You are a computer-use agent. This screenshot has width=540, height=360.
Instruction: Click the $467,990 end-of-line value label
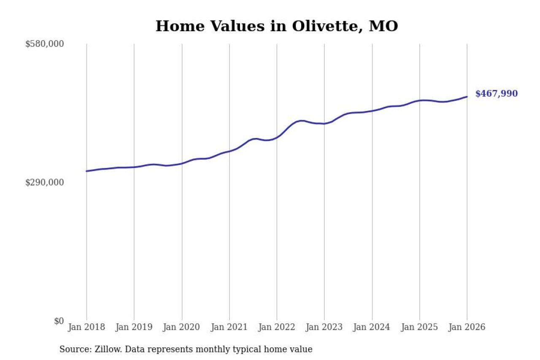click(496, 94)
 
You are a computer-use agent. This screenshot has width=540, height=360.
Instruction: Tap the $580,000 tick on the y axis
click(44, 44)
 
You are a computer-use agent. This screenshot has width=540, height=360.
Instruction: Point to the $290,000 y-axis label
click(44, 182)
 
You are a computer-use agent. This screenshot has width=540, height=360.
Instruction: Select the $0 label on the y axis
click(59, 321)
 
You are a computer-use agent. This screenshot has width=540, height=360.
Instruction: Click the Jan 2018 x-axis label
click(86, 328)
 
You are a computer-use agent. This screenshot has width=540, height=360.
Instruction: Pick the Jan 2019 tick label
click(134, 328)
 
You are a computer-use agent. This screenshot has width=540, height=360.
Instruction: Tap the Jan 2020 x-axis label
click(182, 328)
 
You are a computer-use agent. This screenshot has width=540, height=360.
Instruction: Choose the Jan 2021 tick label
click(229, 328)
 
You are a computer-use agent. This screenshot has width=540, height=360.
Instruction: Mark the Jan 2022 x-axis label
click(277, 328)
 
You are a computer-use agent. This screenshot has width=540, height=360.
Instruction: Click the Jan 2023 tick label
click(324, 328)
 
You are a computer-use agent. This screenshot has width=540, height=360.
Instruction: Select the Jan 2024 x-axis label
click(372, 328)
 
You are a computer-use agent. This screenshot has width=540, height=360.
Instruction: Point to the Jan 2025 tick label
click(420, 328)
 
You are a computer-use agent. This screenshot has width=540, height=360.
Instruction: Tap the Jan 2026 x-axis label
click(467, 328)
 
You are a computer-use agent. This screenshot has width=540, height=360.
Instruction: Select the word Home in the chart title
click(178, 26)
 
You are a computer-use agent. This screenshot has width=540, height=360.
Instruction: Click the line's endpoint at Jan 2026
click(467, 97)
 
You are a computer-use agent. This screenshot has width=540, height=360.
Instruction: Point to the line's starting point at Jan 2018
click(86, 171)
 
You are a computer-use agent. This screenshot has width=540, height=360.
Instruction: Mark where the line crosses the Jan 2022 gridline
click(277, 137)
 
